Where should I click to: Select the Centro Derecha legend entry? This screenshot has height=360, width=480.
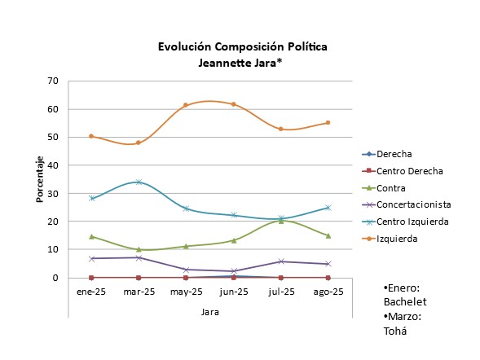410,171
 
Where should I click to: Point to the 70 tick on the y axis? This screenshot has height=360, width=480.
53,81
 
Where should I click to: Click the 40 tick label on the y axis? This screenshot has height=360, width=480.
53,165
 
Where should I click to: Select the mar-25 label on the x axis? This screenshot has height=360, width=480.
139,291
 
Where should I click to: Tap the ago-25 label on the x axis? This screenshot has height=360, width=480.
328,291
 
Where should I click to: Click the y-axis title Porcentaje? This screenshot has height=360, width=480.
40,178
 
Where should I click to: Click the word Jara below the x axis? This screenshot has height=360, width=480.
209,311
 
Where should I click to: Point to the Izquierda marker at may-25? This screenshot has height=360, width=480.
186,105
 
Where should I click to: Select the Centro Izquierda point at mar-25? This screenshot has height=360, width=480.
139,182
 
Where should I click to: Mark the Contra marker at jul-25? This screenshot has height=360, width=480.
280,221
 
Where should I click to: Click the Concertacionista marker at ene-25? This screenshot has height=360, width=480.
91,259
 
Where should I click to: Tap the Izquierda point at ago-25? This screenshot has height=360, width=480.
328,123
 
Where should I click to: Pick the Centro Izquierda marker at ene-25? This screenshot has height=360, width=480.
91,198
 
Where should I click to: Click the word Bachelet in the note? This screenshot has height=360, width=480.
406,302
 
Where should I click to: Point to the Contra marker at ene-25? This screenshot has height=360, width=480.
91,237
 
